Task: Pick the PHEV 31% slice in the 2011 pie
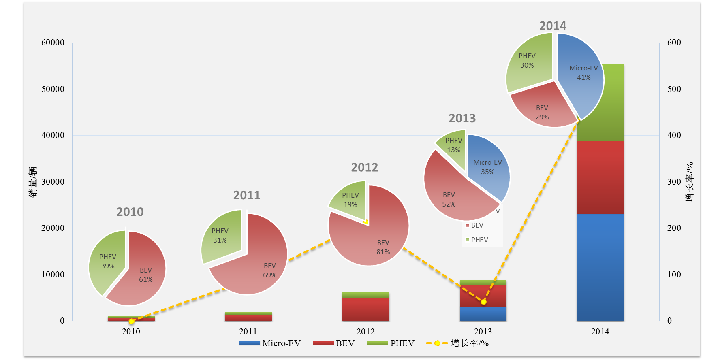click(x=221, y=235)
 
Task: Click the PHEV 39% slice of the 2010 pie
click(x=106, y=261)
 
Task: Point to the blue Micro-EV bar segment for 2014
click(x=600, y=267)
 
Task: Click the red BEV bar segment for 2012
click(x=365, y=309)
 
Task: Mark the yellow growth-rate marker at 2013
click(x=483, y=302)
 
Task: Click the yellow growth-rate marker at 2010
click(x=131, y=321)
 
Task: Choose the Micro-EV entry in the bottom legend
click(x=270, y=343)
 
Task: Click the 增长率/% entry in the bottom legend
click(x=458, y=343)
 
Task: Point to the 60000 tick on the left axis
click(x=53, y=43)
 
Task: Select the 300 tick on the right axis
click(x=674, y=182)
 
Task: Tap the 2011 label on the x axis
click(x=248, y=332)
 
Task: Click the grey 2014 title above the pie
click(x=553, y=26)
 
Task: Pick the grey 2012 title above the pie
click(x=364, y=167)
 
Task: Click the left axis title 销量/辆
click(x=33, y=182)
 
